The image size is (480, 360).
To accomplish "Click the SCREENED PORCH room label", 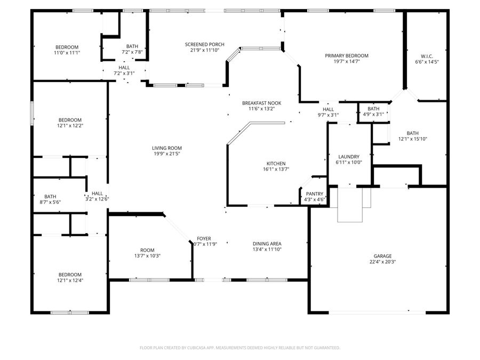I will (204, 44).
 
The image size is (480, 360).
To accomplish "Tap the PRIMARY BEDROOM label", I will (347, 55).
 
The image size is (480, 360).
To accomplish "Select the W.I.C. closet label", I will (427, 55).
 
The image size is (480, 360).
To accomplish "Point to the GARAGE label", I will (382, 256).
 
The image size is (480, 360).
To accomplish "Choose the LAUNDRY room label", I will (349, 156).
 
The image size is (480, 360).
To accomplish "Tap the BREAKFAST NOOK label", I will (261, 103).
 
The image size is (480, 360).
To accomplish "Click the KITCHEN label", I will (276, 164).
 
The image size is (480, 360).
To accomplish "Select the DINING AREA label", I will (267, 244).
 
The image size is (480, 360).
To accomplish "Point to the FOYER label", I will (204, 238).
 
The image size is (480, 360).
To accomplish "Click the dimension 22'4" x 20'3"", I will (382, 262).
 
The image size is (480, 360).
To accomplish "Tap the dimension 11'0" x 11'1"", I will (67, 53).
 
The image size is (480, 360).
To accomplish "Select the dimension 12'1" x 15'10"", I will (413, 139).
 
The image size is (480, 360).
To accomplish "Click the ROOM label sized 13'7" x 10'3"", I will (147, 250).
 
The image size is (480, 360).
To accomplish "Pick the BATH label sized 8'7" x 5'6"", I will (50, 196).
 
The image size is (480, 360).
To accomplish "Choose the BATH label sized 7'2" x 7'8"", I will (132, 46).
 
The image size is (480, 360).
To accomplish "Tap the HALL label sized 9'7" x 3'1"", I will (328, 109).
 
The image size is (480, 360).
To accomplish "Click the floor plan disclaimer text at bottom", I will (239, 348).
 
